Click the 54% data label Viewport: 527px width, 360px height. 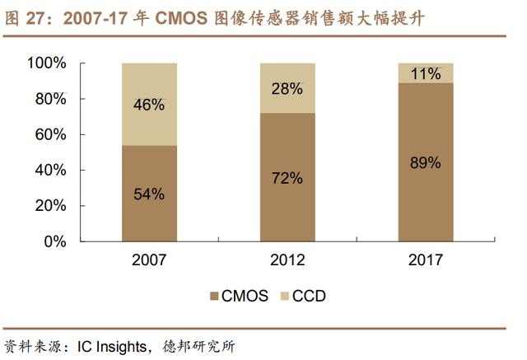pyautogui.click(x=149, y=194)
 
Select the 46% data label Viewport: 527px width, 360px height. pyautogui.click(x=149, y=105)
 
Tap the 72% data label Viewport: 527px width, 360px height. pyautogui.click(x=287, y=177)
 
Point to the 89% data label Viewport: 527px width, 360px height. pyautogui.click(x=424, y=162)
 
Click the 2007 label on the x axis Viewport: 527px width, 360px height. pyautogui.click(x=149, y=259)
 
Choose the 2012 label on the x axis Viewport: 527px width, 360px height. pyautogui.click(x=287, y=259)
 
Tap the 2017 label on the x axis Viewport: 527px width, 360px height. pyautogui.click(x=424, y=259)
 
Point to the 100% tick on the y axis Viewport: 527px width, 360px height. pyautogui.click(x=47, y=63)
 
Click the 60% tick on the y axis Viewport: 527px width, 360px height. pyautogui.click(x=51, y=134)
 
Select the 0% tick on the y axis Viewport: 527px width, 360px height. pyautogui.click(x=55, y=241)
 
